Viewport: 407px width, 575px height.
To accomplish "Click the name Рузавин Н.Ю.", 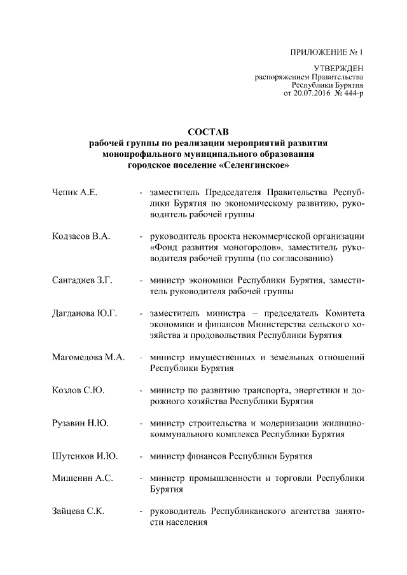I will point(81,423).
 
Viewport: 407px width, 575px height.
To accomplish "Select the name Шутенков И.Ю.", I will point(85,456).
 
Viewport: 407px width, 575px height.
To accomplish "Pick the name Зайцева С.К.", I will point(79,511).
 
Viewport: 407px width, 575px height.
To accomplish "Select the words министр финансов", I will point(183,456).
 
